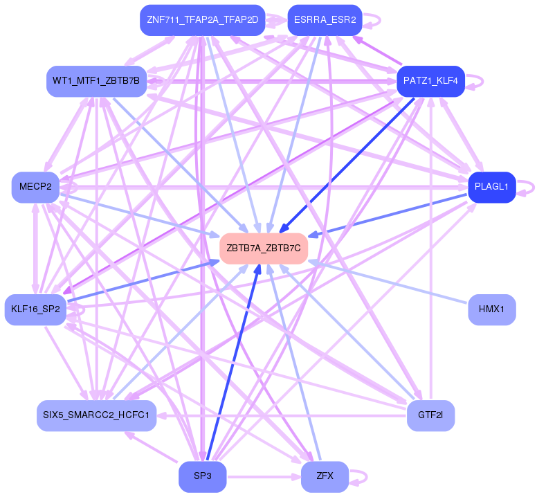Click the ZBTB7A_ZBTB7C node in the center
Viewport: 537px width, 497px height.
tap(263, 248)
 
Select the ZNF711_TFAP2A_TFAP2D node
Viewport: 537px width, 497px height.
tap(202, 20)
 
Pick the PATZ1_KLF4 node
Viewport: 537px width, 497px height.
tap(430, 81)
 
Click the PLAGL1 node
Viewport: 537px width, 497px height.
tap(491, 187)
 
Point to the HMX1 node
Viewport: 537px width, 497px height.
tap(491, 309)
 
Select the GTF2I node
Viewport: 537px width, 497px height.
tap(430, 415)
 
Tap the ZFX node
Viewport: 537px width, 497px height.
tap(325, 476)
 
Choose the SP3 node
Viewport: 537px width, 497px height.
tap(202, 476)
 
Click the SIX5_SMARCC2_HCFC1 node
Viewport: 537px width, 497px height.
tap(96, 415)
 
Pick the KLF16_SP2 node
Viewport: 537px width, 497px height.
tap(35, 309)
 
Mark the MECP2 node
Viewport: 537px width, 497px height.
tap(35, 187)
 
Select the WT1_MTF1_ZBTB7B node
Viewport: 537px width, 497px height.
tap(96, 81)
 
